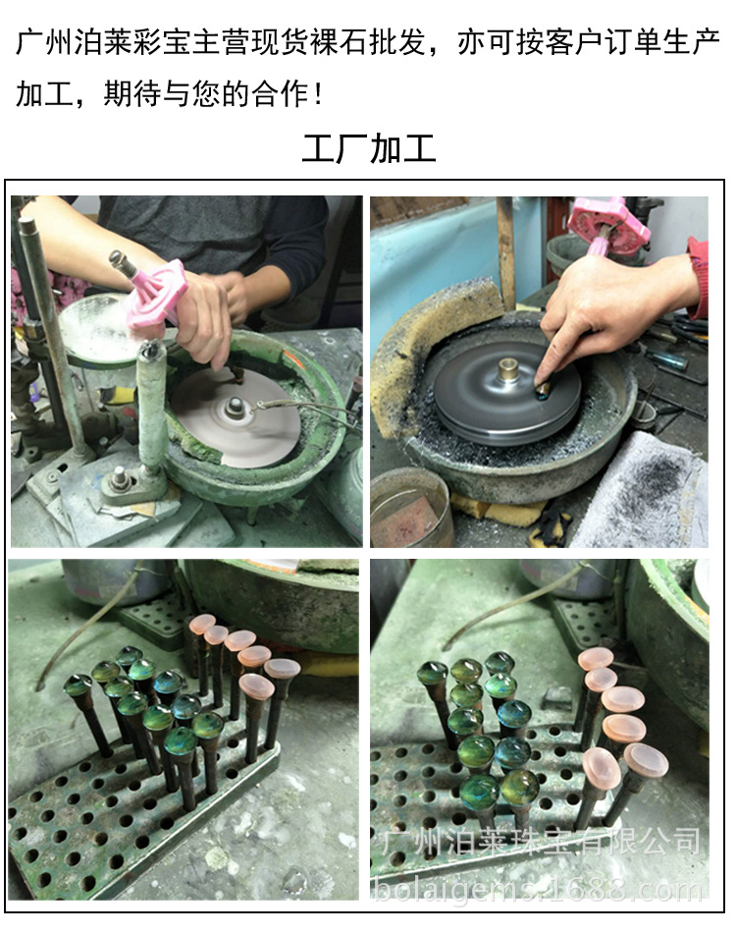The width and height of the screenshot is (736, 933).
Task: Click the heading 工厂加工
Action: click(x=368, y=149)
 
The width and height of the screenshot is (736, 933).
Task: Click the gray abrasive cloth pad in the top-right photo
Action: click(x=643, y=491)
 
